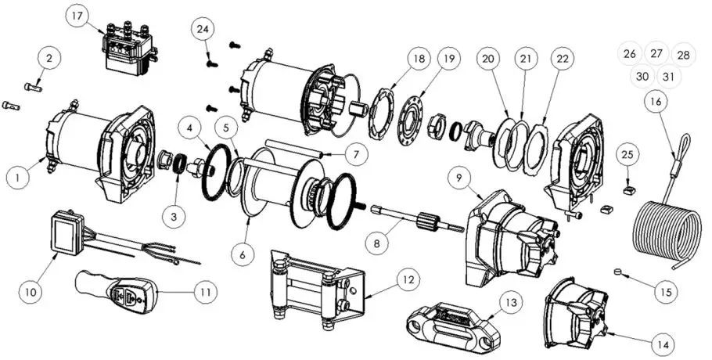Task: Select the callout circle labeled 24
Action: coord(203,28)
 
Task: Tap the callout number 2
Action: coord(49,58)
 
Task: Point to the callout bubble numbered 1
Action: coord(16,178)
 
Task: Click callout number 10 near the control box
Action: coord(31,293)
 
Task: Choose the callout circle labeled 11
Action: coord(205,293)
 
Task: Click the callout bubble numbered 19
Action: coord(447,58)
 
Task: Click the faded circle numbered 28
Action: coord(683,56)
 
